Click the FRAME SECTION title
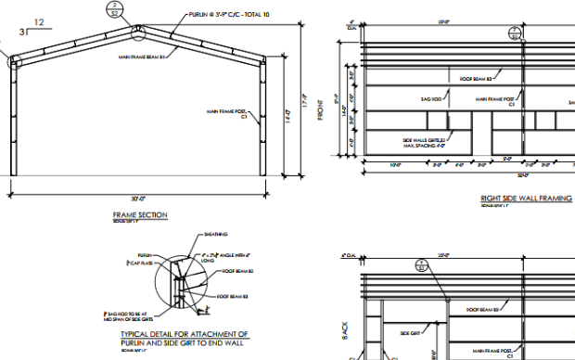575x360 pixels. pyautogui.click(x=139, y=215)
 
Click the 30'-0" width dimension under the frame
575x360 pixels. pyautogui.click(x=139, y=197)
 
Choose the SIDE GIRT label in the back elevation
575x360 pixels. pyautogui.click(x=411, y=331)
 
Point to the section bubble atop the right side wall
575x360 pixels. pyautogui.click(x=515, y=34)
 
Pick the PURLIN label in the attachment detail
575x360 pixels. pyautogui.click(x=145, y=254)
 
